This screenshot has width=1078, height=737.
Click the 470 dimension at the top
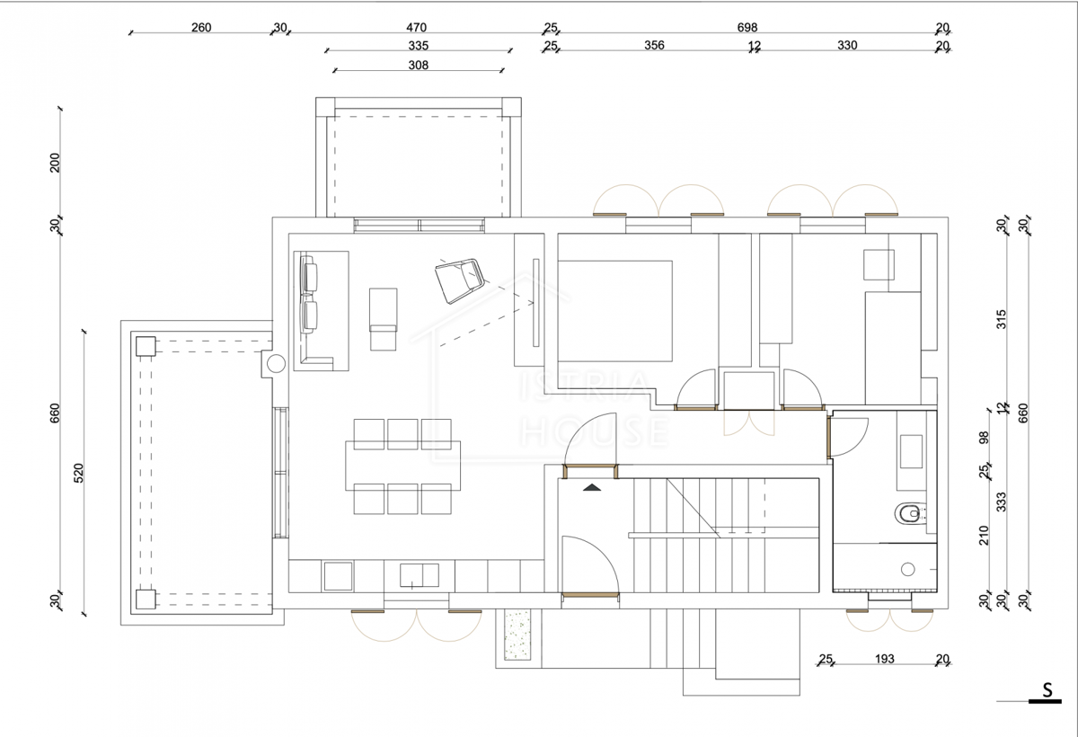[x=416, y=28]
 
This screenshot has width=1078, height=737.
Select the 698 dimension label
[x=747, y=28]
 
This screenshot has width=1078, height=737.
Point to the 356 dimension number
[x=654, y=45]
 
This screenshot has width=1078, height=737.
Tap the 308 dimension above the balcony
[x=419, y=65]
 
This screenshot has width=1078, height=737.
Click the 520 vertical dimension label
[x=78, y=473]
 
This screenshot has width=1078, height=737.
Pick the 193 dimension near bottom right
[x=885, y=659]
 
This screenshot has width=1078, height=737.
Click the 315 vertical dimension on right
[x=1002, y=319]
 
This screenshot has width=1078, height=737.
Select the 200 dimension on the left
[x=55, y=163]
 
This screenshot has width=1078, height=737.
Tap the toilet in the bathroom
[x=910, y=513]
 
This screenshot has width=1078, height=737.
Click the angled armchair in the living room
[x=459, y=280]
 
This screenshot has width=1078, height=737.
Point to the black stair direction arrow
[x=592, y=487]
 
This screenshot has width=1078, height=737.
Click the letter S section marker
[x=1047, y=690]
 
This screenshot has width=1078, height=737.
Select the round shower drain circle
[x=907, y=569]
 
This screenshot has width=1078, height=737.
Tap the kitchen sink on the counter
[x=420, y=575]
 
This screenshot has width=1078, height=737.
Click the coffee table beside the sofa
[x=383, y=319]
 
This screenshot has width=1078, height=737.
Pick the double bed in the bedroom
[x=615, y=311]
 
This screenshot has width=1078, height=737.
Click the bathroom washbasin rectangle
[x=911, y=451]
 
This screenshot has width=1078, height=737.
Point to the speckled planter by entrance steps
[x=517, y=635]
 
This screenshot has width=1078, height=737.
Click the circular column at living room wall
[x=276, y=363]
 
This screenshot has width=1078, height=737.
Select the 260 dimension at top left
[x=201, y=28]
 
